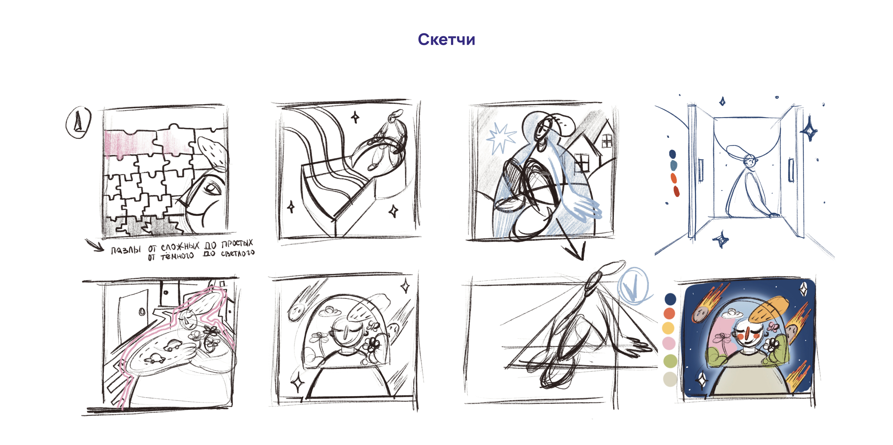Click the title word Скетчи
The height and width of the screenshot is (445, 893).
[x=446, y=39]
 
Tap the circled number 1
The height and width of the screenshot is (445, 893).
[x=79, y=122]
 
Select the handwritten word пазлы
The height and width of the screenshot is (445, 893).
[x=126, y=250]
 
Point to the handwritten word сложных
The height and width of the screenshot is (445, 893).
[x=180, y=247]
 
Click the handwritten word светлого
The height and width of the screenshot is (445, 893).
[x=238, y=253]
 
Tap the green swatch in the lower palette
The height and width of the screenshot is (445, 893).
[x=670, y=361]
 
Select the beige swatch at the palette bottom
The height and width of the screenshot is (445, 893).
[x=670, y=379]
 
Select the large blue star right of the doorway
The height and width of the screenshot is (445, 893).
[x=809, y=129]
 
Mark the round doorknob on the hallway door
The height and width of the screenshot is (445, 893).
[x=142, y=312]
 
